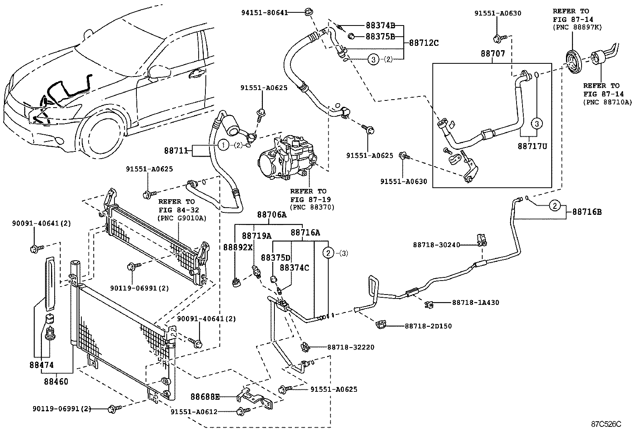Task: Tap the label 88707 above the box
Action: [x=492, y=53]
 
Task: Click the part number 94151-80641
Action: [x=264, y=12]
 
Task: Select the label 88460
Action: [x=56, y=381]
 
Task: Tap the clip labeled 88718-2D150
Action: [x=381, y=325]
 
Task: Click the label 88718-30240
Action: [x=436, y=245]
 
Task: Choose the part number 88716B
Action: [x=587, y=212]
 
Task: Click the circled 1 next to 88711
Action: [x=223, y=145]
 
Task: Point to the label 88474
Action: [x=41, y=365]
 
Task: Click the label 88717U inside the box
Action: [x=532, y=146]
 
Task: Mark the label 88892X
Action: [x=238, y=247]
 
